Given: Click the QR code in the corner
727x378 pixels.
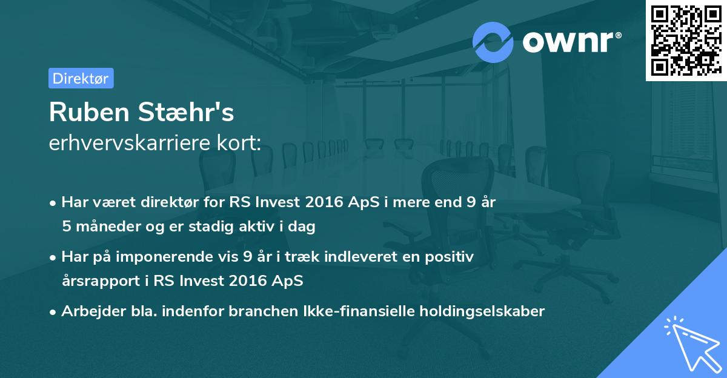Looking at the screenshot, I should coord(685,40).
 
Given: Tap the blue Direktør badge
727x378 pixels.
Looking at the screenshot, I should coord(81,78).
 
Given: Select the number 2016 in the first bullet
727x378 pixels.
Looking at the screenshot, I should coord(329,202).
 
